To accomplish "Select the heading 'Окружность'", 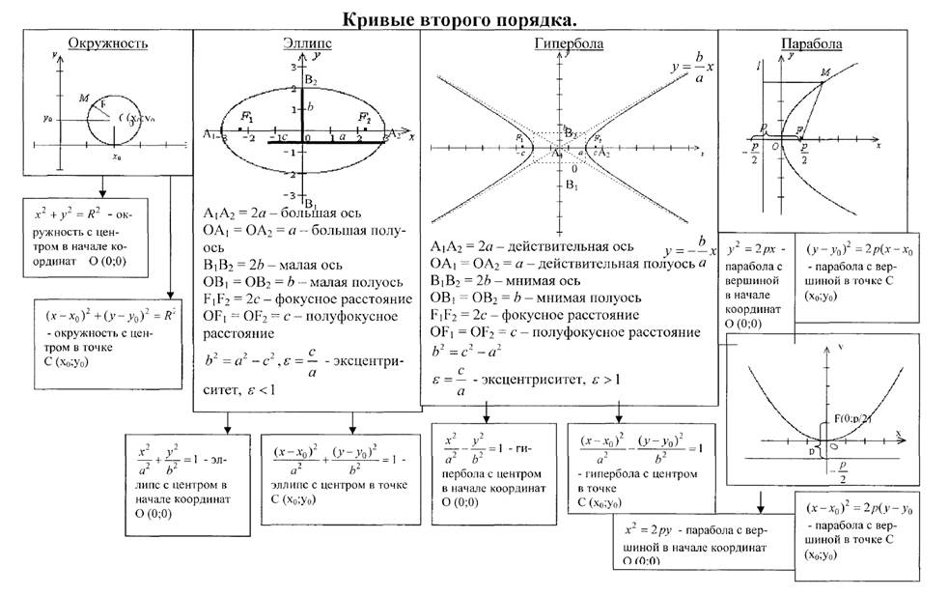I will [x=99, y=43].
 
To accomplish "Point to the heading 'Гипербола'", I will [x=570, y=44].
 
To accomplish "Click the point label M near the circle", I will [x=87, y=99].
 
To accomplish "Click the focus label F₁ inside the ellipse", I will [x=247, y=117].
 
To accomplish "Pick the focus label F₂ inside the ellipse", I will [x=363, y=117].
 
